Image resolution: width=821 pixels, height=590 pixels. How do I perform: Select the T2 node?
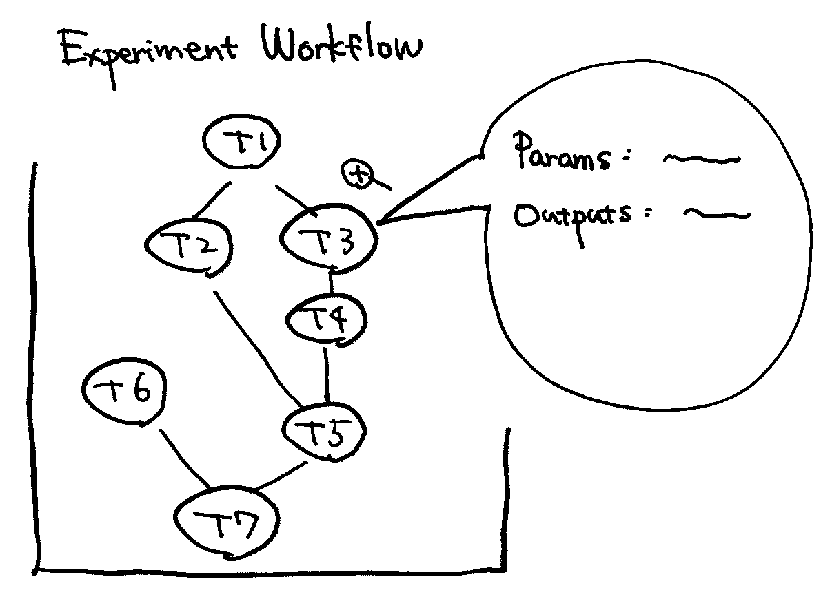pyautogui.click(x=191, y=246)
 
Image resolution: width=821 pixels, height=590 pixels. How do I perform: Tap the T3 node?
pyautogui.click(x=329, y=238)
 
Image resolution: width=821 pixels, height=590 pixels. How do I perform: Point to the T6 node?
pyautogui.click(x=124, y=392)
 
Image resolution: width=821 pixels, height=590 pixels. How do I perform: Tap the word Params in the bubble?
pyautogui.click(x=561, y=155)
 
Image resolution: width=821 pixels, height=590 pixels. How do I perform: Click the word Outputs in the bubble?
pyautogui.click(x=573, y=216)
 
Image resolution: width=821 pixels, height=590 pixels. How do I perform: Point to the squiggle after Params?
pyautogui.click(x=700, y=160)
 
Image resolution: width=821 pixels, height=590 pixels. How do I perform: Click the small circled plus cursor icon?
pyautogui.click(x=358, y=174)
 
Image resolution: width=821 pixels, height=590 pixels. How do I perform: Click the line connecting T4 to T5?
pyautogui.click(x=325, y=375)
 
